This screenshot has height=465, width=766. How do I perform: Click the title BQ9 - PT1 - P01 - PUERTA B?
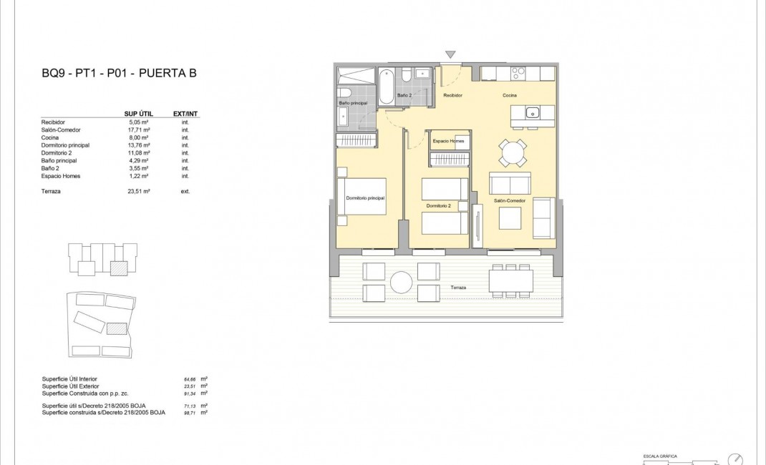(x=119, y=73)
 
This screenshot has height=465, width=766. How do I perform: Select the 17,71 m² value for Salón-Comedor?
(x=138, y=130)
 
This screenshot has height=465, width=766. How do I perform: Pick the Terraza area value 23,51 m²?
(x=138, y=191)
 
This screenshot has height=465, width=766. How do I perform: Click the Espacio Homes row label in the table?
(x=61, y=176)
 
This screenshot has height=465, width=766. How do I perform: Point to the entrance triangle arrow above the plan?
(x=450, y=54)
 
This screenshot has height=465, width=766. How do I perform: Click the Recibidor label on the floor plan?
(x=452, y=95)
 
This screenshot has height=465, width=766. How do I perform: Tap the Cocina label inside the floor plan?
(x=509, y=95)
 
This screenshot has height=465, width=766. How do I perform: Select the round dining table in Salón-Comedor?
(x=513, y=152)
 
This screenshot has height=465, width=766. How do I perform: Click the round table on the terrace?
(x=401, y=282)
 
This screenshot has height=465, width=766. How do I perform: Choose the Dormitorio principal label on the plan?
(x=365, y=197)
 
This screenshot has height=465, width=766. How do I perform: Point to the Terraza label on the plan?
(x=458, y=288)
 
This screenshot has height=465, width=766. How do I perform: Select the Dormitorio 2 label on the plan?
(x=438, y=206)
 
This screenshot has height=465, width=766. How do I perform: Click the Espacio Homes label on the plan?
(x=449, y=142)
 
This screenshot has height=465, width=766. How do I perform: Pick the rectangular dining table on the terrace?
(x=510, y=280)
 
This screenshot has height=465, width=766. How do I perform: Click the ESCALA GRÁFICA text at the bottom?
(x=654, y=455)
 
